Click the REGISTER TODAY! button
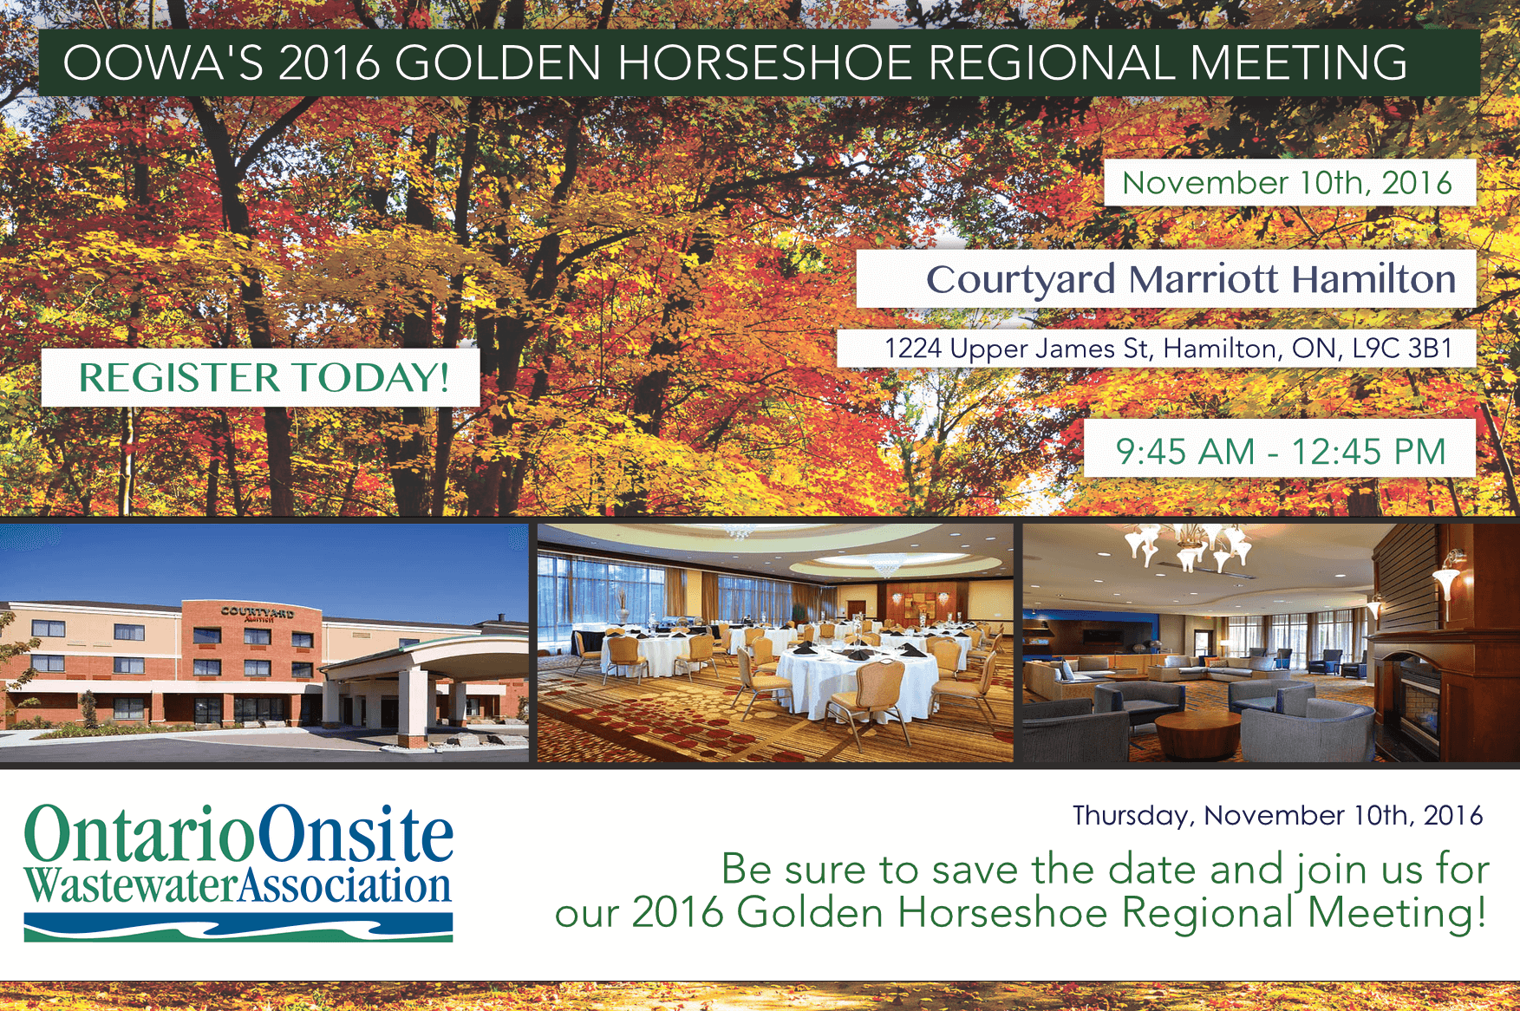[261, 377]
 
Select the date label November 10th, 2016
[1287, 183]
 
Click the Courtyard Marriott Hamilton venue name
[1190, 279]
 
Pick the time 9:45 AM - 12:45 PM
[1280, 451]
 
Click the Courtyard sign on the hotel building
[257, 613]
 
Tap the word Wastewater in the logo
[130, 886]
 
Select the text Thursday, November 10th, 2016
[1277, 815]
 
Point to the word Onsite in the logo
[356, 834]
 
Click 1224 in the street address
[912, 349]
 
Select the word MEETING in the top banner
[1298, 62]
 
